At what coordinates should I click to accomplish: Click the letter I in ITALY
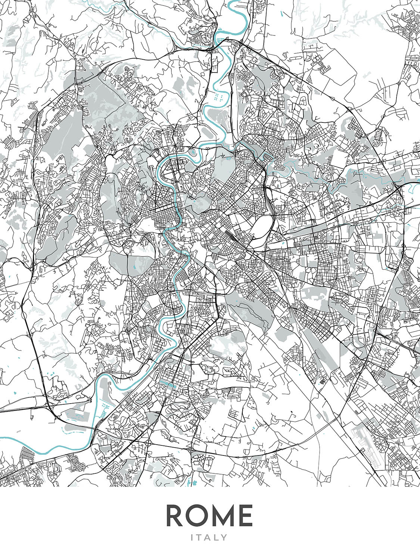pyautogui.click(x=192, y=538)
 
